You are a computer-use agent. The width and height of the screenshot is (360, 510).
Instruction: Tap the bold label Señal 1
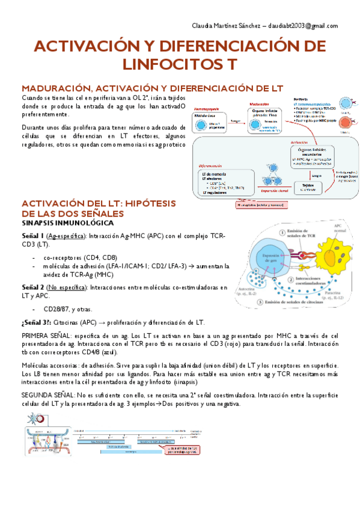coord(33,236)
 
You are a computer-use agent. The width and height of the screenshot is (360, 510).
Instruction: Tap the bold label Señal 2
coord(33,287)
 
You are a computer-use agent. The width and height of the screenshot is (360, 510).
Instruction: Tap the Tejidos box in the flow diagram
coord(308,186)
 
